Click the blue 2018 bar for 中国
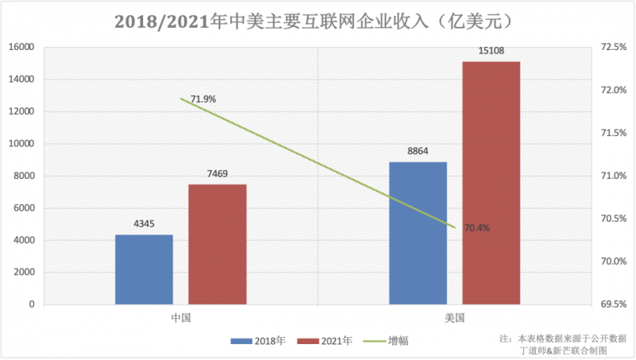(x=144, y=269)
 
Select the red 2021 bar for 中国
(x=217, y=244)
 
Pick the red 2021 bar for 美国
(x=491, y=183)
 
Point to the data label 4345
(x=145, y=225)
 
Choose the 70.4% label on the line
(x=476, y=228)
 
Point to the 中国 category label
(x=181, y=318)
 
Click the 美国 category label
(x=455, y=318)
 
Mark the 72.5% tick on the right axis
(x=613, y=47)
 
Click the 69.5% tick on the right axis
(x=613, y=304)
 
